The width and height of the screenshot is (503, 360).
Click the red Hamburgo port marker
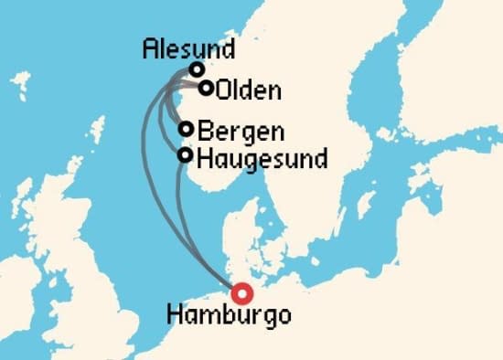point(241,293)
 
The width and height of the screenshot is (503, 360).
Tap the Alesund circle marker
point(197,69)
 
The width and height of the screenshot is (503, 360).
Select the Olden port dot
point(207,89)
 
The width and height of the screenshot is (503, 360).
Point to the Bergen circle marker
point(187,129)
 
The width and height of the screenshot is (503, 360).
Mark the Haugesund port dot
point(186,155)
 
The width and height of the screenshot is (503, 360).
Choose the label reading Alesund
point(188,49)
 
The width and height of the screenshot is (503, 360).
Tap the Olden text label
point(249,90)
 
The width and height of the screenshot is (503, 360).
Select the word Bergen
point(240,131)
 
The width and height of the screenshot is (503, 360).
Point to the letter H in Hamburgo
point(174,316)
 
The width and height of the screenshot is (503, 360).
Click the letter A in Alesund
point(152,49)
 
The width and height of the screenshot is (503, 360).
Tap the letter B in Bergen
point(203,130)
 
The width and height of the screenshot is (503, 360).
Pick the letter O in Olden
point(224,90)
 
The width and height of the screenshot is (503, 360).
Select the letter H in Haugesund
point(203,157)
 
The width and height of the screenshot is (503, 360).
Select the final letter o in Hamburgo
point(284,317)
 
